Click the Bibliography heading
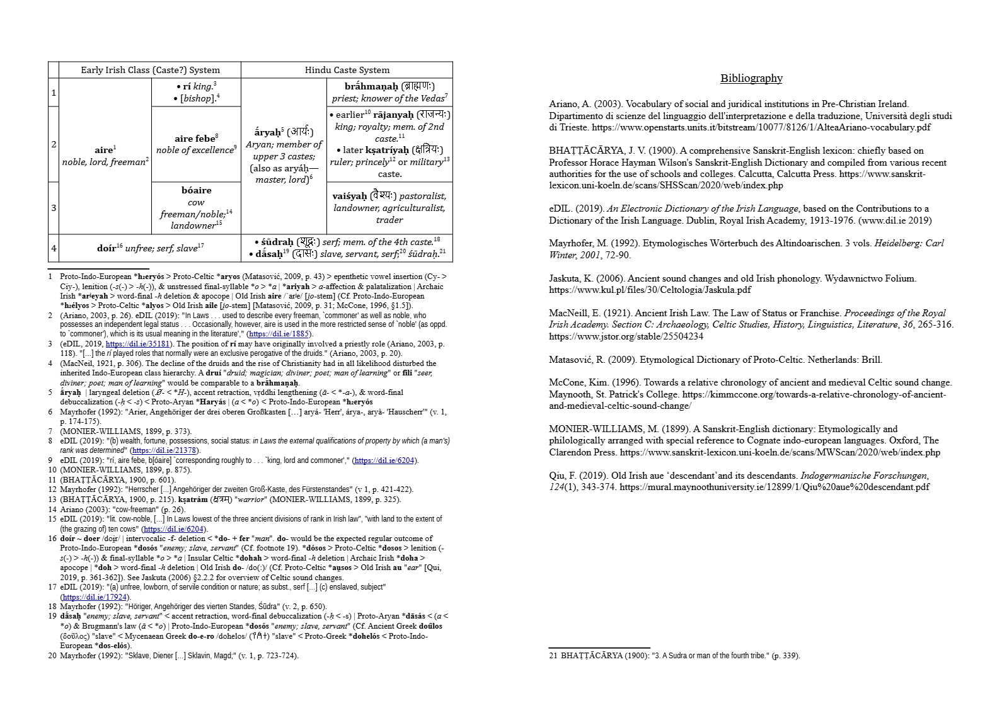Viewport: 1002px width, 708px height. pos(751,78)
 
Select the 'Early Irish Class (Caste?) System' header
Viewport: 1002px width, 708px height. pos(150,70)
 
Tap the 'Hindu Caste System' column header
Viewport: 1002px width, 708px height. pos(347,70)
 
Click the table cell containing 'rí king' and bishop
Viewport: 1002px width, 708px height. pos(196,92)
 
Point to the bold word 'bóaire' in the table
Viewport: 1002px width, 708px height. pos(196,190)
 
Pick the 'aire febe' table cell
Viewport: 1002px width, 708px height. pos(196,144)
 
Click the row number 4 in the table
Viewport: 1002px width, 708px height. pos(54,248)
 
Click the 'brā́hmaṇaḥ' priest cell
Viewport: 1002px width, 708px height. pos(389,92)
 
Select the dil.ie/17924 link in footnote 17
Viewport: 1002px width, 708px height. pos(95,597)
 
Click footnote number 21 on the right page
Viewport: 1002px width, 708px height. pos(553,656)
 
